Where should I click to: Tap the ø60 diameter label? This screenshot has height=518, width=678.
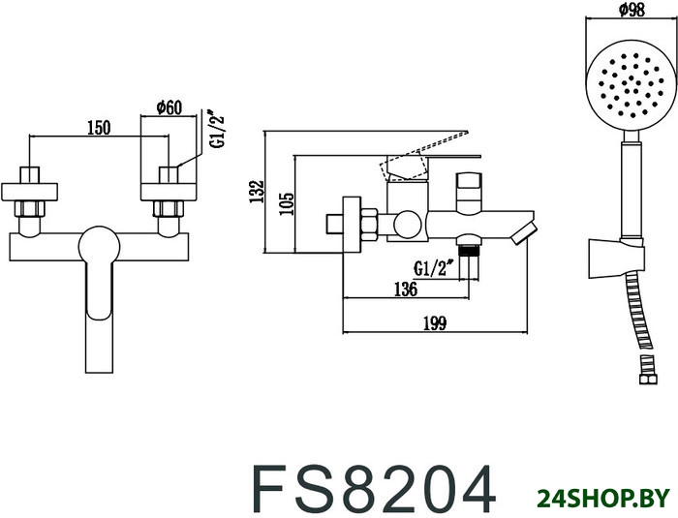pyautogui.click(x=170, y=107)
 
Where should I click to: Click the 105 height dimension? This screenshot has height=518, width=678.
pyautogui.click(x=288, y=203)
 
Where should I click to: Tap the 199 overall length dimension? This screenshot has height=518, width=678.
pyautogui.click(x=435, y=324)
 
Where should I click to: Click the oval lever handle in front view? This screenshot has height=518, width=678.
pyautogui.click(x=97, y=271)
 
